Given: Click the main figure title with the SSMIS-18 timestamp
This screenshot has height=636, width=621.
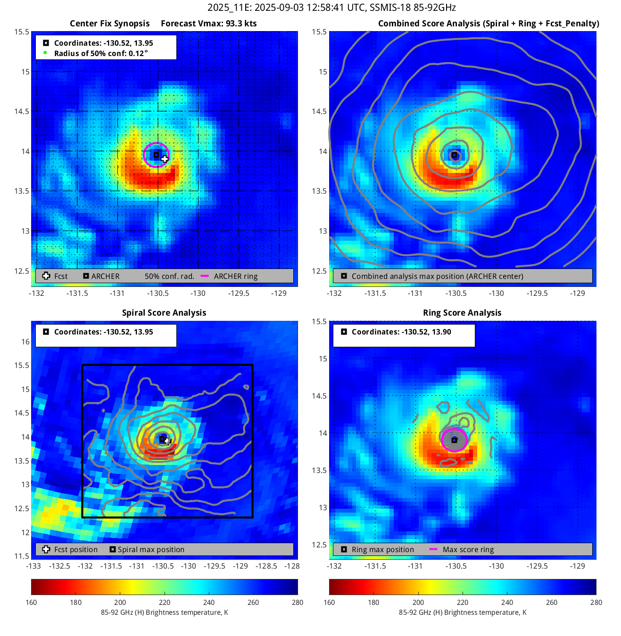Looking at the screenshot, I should [x=331, y=8].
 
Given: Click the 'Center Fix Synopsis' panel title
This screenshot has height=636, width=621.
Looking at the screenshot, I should [x=109, y=24].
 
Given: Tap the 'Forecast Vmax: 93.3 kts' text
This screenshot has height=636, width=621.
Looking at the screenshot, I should [x=208, y=24].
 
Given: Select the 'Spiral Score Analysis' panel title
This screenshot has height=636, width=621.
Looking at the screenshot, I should [x=164, y=313].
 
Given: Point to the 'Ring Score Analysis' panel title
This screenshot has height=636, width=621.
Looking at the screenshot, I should [x=462, y=313].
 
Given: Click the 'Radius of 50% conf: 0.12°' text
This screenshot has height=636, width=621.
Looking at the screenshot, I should [x=101, y=53].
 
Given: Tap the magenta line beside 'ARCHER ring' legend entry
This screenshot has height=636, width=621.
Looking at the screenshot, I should [x=205, y=276].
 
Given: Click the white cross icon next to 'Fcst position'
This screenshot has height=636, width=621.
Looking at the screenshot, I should [x=46, y=549].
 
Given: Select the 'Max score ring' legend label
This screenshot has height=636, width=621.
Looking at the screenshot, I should [x=468, y=549].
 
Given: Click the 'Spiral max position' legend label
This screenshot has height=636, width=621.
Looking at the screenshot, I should [x=151, y=549].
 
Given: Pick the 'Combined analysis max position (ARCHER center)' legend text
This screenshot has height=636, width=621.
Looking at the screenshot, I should [x=437, y=276].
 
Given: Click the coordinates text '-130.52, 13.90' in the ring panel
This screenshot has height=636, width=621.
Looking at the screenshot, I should [x=426, y=332].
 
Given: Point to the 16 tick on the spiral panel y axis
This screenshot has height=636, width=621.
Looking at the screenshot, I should [x=25, y=342].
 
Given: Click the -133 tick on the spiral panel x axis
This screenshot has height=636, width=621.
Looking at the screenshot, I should [x=33, y=566].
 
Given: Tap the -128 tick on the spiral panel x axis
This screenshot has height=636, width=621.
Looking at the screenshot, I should [x=292, y=566].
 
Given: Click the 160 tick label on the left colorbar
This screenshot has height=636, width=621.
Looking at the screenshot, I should [x=31, y=602].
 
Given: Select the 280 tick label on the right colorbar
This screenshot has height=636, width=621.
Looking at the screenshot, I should [x=596, y=602].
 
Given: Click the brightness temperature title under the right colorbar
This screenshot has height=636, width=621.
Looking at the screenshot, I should [x=463, y=612].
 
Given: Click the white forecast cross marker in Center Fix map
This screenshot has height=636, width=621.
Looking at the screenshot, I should [x=164, y=159].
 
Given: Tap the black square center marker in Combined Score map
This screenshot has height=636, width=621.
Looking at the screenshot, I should [x=454, y=155].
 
